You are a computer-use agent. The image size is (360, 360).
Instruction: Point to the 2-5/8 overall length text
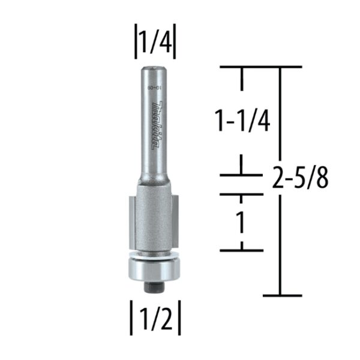click(300, 179)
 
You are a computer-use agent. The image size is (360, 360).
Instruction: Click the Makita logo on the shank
click(155, 127)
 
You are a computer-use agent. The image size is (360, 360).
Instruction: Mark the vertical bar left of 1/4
click(136, 43)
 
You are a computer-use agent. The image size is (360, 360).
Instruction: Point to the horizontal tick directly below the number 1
click(242, 250)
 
